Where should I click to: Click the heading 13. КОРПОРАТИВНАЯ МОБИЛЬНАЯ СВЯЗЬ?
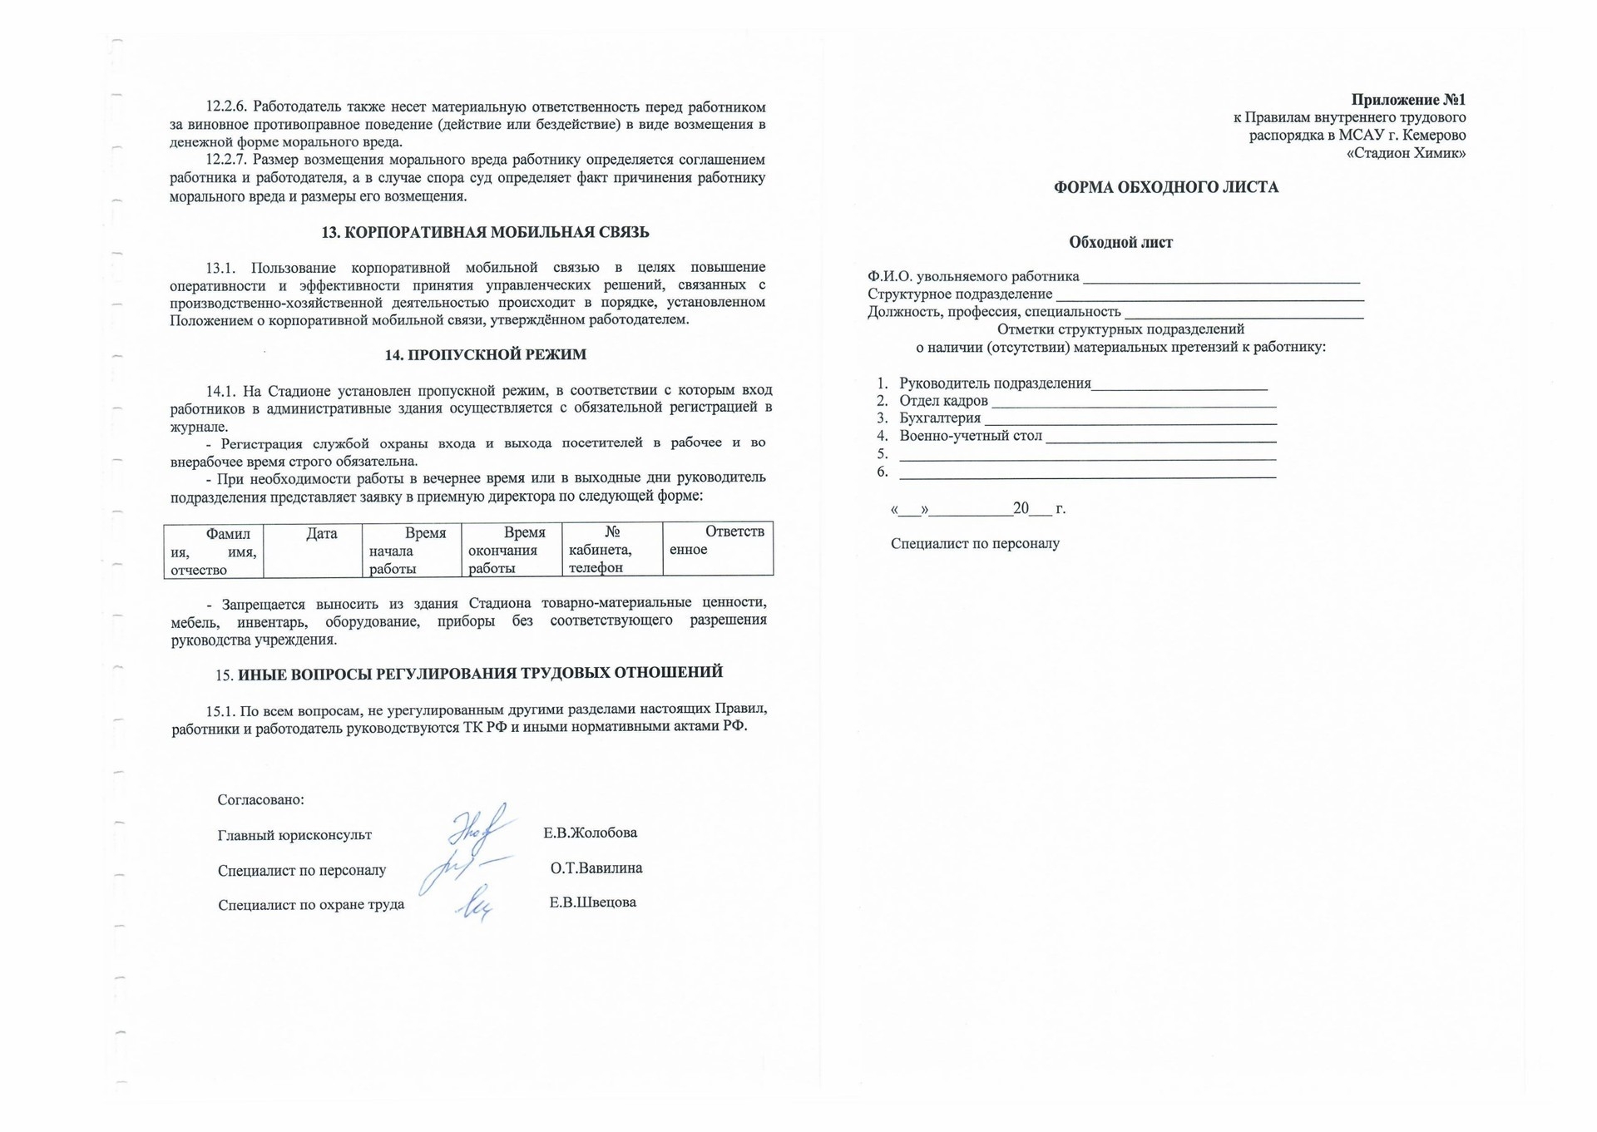click(485, 233)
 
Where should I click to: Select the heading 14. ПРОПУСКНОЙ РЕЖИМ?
click(485, 355)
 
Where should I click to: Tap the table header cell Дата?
click(321, 534)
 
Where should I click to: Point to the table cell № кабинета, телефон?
click(611, 550)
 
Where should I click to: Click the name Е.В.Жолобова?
click(591, 833)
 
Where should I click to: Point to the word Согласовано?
click(260, 800)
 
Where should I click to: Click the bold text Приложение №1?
click(1408, 100)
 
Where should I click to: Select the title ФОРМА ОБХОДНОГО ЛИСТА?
click(1165, 188)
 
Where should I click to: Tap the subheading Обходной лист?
click(1120, 243)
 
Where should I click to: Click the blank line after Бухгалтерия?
click(1130, 422)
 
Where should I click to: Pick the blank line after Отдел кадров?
click(1133, 404)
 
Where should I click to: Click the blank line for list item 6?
click(1087, 475)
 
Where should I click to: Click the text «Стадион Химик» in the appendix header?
click(1406, 153)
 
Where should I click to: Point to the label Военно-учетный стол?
click(970, 436)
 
